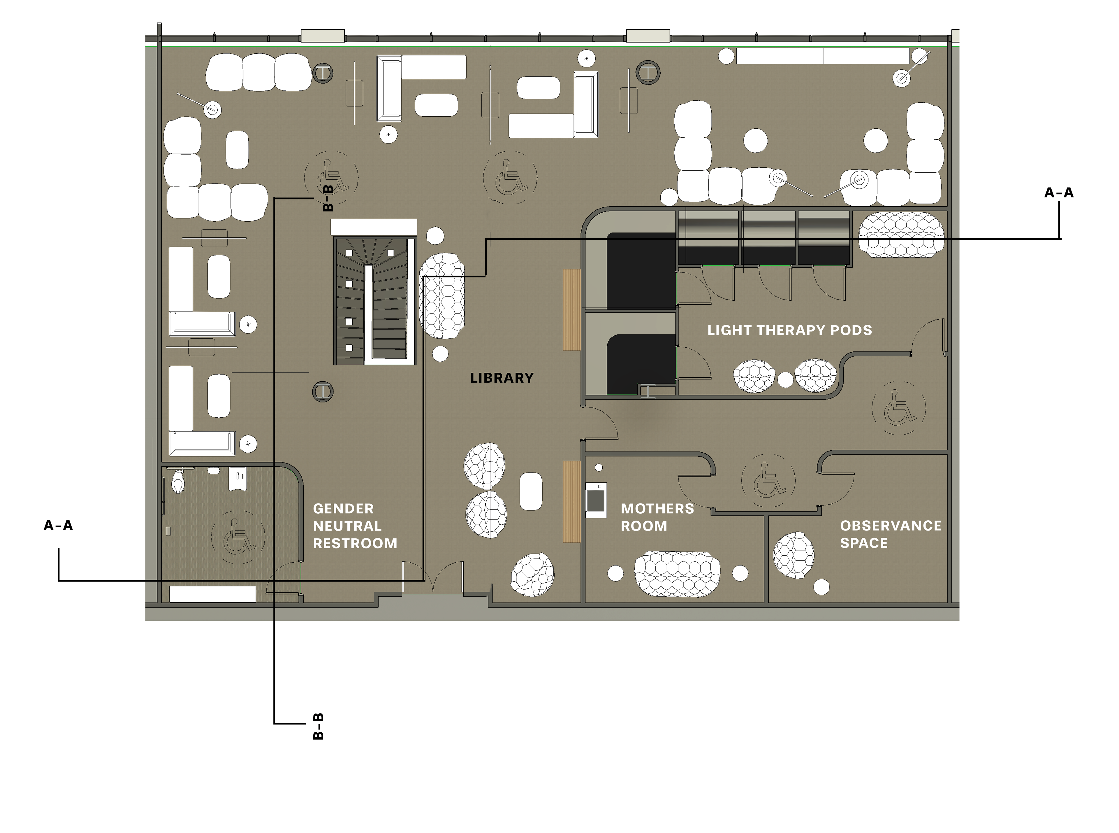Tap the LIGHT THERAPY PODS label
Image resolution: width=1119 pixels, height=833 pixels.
tap(789, 330)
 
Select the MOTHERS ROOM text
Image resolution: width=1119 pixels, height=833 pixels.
tap(657, 517)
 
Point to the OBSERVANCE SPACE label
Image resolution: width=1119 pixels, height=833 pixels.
tap(890, 535)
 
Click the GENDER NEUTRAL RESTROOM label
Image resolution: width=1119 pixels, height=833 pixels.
tap(355, 526)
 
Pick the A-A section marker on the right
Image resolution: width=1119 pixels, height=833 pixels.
tap(1059, 192)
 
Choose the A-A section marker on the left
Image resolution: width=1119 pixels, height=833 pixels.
tap(59, 525)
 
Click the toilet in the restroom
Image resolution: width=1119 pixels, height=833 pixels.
tap(178, 481)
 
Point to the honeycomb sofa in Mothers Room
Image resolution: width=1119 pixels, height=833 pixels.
tap(677, 574)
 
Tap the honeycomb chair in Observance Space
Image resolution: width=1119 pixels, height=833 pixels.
tap(793, 555)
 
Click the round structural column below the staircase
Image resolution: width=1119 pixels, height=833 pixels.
tap(323, 391)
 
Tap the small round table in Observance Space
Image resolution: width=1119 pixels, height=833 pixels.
tap(821, 587)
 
